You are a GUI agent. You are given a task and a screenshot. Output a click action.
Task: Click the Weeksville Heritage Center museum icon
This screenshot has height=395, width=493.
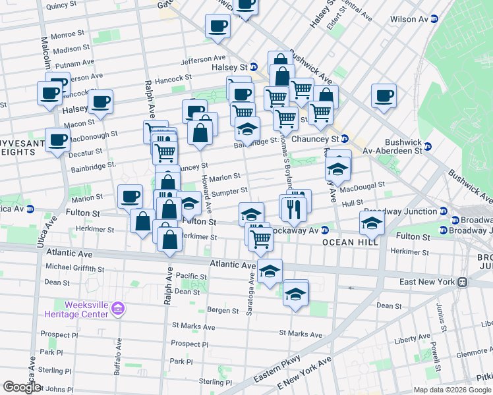(118, 308)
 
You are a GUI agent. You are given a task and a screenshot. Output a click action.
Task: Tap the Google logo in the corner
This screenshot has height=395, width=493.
(22, 387)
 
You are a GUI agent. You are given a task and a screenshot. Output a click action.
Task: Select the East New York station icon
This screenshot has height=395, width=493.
(463, 282)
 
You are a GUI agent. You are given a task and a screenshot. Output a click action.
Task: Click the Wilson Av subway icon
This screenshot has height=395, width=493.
(434, 20)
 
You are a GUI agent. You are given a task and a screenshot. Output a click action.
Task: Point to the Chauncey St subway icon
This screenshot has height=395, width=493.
(345, 139)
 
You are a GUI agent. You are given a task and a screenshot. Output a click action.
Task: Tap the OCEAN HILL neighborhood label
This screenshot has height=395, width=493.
(349, 242)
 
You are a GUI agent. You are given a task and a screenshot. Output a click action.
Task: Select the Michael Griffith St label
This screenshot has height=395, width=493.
(74, 269)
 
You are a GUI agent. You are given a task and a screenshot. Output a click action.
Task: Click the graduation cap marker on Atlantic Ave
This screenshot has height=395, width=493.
(269, 271)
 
